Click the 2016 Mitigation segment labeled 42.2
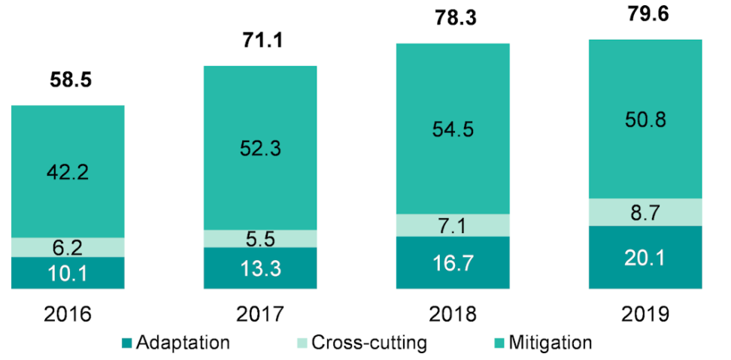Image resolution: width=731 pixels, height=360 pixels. (68, 171)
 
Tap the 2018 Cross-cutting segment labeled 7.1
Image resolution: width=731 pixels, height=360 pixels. (453, 225)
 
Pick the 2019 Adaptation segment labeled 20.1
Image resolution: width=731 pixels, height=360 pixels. (645, 257)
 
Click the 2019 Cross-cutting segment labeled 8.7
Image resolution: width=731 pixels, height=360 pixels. (645, 212)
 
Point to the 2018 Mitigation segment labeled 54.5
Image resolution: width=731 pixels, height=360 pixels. (453, 129)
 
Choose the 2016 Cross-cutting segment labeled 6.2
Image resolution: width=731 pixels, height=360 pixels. (68, 247)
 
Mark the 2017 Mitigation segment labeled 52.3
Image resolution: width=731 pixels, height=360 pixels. (260, 147)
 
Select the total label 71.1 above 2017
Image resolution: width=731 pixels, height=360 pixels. (260, 40)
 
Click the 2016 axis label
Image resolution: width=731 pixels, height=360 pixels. (68, 313)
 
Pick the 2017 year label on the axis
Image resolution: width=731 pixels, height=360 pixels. (260, 313)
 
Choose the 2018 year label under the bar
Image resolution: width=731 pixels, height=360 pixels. (453, 313)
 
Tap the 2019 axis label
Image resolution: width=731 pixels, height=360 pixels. (645, 313)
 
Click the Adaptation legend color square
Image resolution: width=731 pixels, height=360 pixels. (126, 343)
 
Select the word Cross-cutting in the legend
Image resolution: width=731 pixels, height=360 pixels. (369, 343)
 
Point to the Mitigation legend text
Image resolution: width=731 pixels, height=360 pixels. (550, 343)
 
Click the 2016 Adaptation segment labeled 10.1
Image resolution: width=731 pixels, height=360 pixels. (68, 273)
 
